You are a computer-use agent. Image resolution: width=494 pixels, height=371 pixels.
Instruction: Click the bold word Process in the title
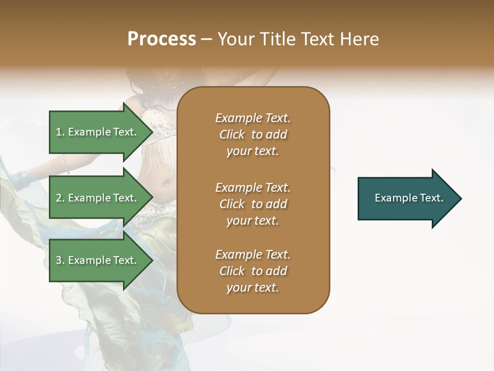[x=162, y=39]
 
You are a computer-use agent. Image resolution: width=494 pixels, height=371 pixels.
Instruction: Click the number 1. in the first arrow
[x=60, y=132]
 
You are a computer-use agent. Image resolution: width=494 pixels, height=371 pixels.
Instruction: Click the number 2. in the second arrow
[x=60, y=198]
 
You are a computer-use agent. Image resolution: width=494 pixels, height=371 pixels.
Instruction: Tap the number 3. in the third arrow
[x=60, y=260]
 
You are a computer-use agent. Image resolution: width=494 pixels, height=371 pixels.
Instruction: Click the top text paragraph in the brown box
[x=253, y=134]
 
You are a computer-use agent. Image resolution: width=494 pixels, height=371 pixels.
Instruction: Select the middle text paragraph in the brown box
[x=253, y=204]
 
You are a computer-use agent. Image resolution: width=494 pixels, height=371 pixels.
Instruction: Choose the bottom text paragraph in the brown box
[x=253, y=271]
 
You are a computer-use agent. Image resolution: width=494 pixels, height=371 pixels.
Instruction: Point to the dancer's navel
[x=166, y=183]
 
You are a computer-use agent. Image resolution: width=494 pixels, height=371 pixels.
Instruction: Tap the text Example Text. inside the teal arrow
[x=409, y=198]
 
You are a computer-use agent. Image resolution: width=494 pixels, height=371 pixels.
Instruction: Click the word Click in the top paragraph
[x=232, y=134]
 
